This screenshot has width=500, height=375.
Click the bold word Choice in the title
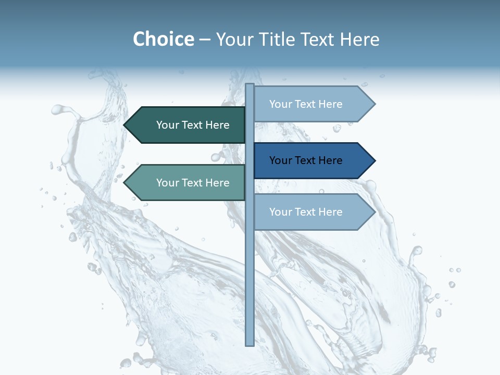click(x=163, y=39)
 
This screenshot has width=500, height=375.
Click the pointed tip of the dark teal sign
click(x=126, y=125)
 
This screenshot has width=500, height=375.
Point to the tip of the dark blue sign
click(x=373, y=160)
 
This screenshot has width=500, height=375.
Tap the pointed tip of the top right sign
click(x=373, y=104)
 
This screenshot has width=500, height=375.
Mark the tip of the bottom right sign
click(x=373, y=212)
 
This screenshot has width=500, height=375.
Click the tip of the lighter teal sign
click(x=126, y=183)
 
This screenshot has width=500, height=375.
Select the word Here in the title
click(x=360, y=39)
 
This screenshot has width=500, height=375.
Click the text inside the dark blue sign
click(x=306, y=160)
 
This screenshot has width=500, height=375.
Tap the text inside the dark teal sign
click(x=193, y=125)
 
